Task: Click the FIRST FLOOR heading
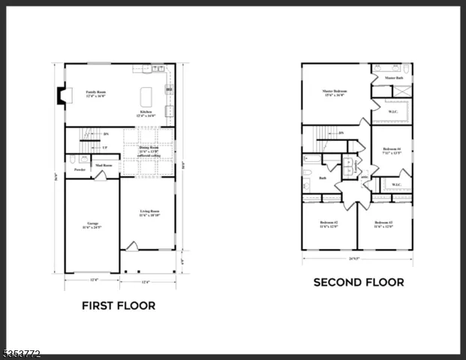119,305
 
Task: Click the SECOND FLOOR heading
358,283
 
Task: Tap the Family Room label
95,93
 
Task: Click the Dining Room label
149,150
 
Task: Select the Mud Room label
103,164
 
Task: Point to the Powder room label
80,170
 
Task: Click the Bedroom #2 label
329,223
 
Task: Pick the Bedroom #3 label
384,223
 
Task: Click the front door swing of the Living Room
131,245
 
